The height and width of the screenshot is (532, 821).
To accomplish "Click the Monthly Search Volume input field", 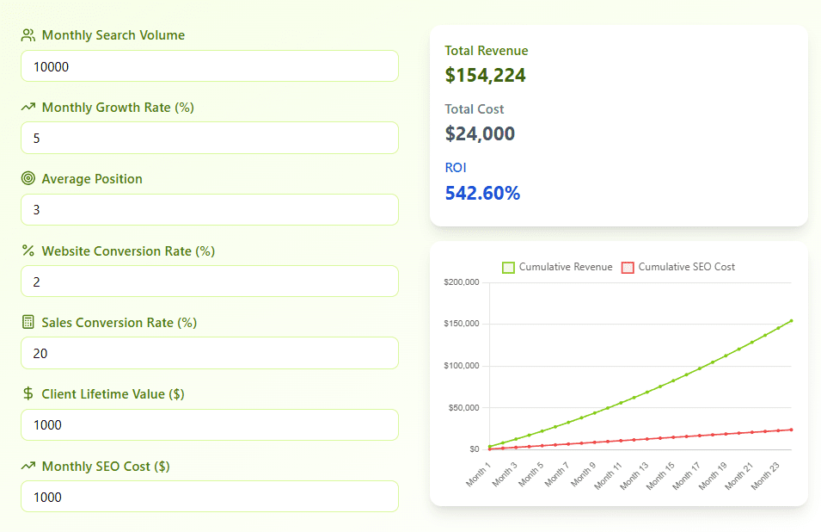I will (209, 66).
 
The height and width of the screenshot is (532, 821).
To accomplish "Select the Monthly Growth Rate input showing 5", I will (209, 138).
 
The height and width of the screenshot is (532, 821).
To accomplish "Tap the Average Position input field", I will (209, 210).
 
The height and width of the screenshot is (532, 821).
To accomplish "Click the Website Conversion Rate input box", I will (209, 281).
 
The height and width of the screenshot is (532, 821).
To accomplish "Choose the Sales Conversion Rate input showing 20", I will (209, 353).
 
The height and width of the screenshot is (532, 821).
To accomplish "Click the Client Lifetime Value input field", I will (209, 424).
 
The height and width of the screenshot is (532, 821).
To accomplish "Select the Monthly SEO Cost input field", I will (209, 497).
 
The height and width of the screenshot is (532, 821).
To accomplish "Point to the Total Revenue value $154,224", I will (485, 76).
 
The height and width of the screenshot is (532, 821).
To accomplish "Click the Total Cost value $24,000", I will (480, 134).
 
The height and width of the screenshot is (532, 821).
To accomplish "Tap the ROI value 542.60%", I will (482, 193).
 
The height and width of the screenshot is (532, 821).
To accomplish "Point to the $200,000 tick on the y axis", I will (462, 282).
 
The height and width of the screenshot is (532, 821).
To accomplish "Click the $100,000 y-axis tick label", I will (462, 366).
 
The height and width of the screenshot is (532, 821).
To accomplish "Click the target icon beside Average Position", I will (28, 179).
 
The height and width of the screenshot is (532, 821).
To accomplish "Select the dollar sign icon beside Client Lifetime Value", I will (28, 394).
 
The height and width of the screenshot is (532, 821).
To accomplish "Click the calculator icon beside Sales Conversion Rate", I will (28, 322).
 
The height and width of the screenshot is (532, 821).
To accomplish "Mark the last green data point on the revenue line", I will (791, 320).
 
